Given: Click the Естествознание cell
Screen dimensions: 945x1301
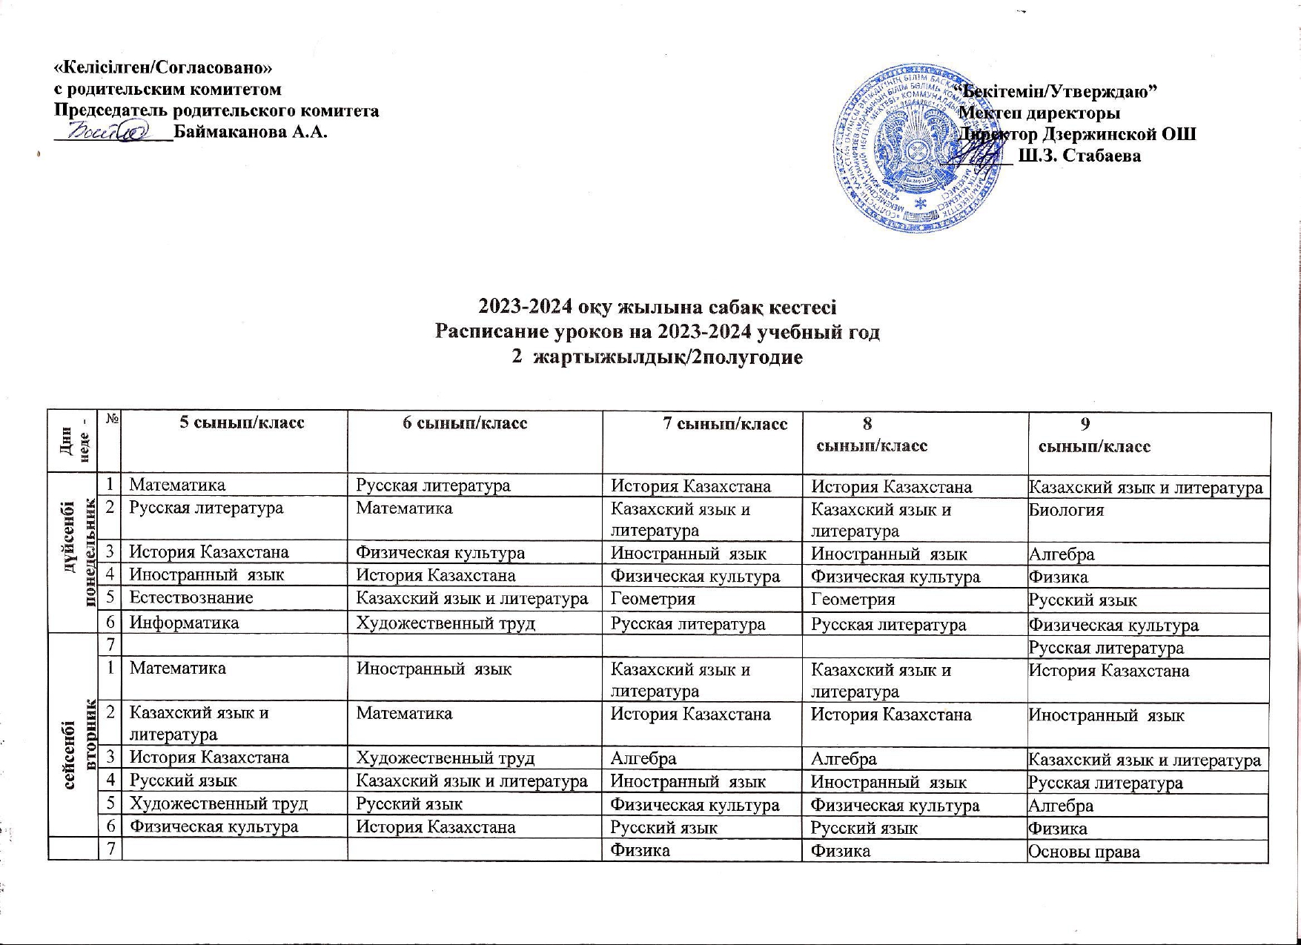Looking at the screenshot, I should point(191,598).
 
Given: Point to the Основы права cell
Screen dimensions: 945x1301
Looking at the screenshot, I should point(1083,852).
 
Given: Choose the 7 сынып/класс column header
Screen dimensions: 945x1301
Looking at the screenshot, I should point(724,424).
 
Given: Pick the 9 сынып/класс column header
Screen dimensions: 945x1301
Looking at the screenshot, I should point(1094,435).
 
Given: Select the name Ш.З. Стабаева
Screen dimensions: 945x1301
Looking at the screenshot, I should point(1080,156).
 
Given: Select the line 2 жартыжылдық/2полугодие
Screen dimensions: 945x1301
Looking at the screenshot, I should point(657,357).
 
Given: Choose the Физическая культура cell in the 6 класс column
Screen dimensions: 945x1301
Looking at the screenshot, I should point(440,553).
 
